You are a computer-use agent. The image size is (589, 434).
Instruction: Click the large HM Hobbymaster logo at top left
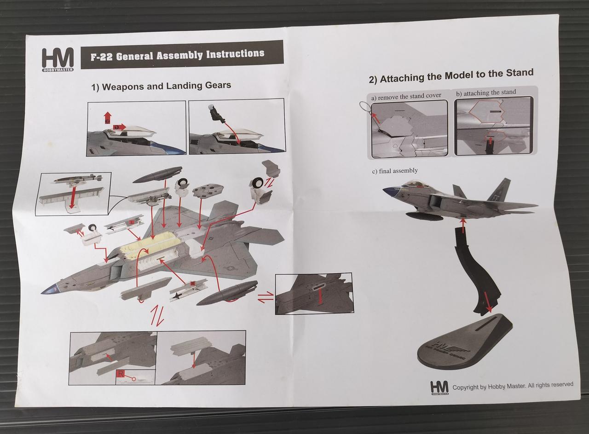(58, 60)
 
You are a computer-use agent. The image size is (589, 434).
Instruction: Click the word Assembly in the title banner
(179, 55)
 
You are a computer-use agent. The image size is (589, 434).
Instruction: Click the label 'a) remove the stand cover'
(406, 96)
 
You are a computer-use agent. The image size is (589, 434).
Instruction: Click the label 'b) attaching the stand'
(486, 93)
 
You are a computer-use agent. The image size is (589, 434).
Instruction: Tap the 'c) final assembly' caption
(395, 171)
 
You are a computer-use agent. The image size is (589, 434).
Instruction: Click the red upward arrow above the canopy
(107, 117)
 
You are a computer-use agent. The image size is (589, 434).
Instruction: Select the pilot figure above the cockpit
(216, 113)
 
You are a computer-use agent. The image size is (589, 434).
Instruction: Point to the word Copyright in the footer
(466, 387)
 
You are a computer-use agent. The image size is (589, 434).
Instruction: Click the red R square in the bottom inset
(121, 374)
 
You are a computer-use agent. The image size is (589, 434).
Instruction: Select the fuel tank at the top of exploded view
(157, 174)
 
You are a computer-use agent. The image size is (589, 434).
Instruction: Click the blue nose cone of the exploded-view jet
(49, 289)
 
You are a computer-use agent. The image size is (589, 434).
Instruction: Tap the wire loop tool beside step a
(366, 109)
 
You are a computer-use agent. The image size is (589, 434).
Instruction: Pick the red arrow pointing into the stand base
(488, 305)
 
